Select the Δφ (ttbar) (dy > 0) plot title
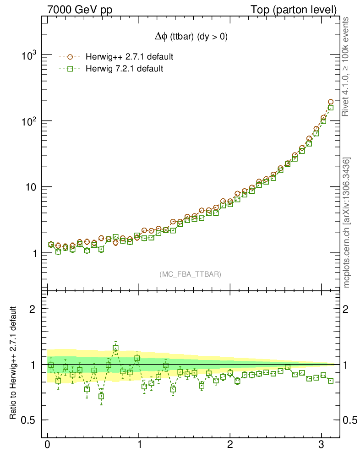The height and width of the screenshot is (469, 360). pyautogui.click(x=191, y=38)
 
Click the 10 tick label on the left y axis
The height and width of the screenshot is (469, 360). pyautogui.click(x=30, y=187)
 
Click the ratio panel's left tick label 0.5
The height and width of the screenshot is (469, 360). pyautogui.click(x=29, y=420)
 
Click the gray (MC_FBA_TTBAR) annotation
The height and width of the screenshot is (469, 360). pyautogui.click(x=191, y=274)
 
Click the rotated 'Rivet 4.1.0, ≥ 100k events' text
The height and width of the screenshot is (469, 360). pyautogui.click(x=347, y=67)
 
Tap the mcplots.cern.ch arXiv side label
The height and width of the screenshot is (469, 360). pyautogui.click(x=347, y=222)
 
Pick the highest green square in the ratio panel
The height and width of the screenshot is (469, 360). pyautogui.click(x=115, y=348)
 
